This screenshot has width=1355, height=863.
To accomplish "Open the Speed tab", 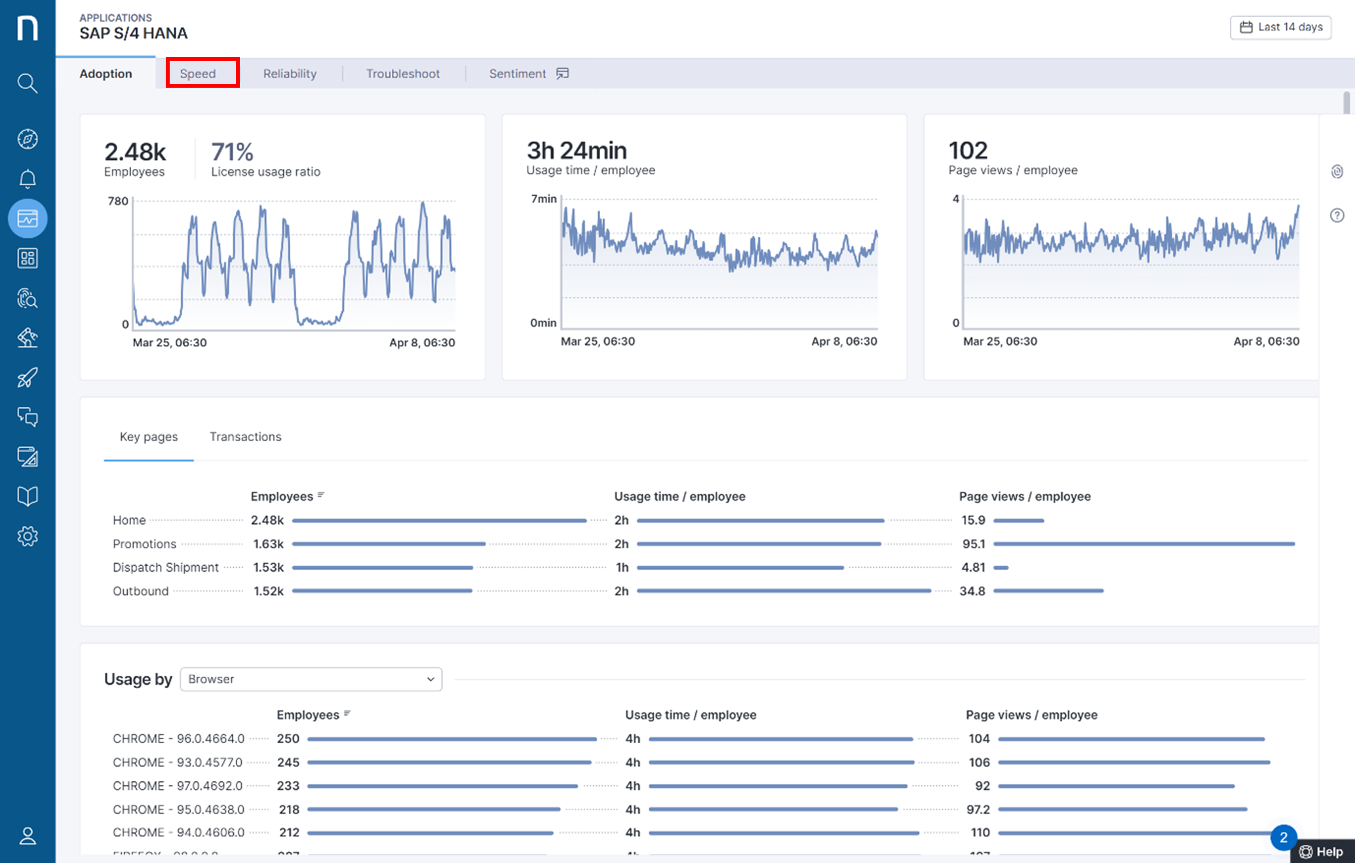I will [x=199, y=73].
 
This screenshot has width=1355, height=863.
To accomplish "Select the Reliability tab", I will [x=290, y=73].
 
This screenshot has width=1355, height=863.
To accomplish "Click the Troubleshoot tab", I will [x=402, y=73].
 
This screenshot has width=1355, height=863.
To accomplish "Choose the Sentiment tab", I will [x=518, y=73].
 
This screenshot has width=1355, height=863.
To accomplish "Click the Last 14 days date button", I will [x=1280, y=27].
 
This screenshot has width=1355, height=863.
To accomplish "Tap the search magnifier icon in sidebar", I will [x=27, y=83].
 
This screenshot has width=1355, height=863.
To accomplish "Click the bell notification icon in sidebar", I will [x=27, y=178].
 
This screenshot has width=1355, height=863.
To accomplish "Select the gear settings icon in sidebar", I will [x=27, y=536].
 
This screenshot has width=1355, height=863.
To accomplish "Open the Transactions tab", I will [x=245, y=437].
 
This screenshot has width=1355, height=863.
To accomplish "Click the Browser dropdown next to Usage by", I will [x=311, y=679].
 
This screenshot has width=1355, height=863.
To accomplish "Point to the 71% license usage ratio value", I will [x=232, y=152].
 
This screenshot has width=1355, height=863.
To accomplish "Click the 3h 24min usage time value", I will [x=577, y=151].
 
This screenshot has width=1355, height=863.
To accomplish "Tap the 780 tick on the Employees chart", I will [x=118, y=201].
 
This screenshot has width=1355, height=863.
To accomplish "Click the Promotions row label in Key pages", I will [x=144, y=544].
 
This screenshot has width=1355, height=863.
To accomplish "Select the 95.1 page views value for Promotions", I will [x=973, y=544].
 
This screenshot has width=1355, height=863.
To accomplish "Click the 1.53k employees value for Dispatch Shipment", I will [x=268, y=568].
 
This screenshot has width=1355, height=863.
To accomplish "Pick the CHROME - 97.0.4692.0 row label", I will [x=178, y=786].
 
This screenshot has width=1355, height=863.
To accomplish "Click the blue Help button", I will [x=1322, y=851].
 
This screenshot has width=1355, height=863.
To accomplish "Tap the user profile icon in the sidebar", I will [x=27, y=836].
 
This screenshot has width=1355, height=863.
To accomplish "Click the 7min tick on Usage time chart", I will [x=543, y=199].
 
